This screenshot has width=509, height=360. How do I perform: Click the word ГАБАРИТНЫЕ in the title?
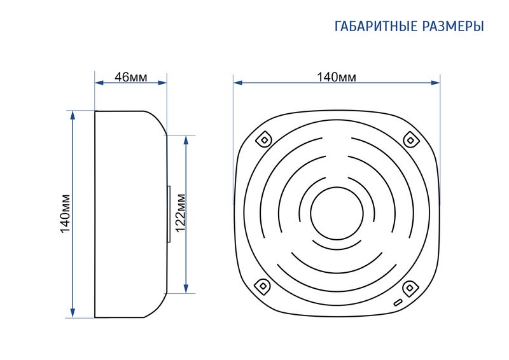(x=375, y=27)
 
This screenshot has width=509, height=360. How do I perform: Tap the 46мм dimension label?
(x=131, y=77)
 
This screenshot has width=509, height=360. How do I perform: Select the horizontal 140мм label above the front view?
(x=337, y=77)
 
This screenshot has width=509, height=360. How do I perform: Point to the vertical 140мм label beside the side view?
(x=65, y=214)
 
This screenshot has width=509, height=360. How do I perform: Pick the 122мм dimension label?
(x=179, y=214)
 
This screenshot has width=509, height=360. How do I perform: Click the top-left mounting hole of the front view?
(x=263, y=138)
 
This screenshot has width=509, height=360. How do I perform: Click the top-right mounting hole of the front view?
(x=411, y=139)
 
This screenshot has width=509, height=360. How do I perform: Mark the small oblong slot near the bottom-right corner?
(x=398, y=303)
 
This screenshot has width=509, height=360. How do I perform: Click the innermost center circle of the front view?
(x=337, y=212)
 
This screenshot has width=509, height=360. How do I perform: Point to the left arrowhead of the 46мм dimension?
(x=98, y=82)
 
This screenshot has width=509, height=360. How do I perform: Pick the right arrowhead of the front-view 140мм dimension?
(x=436, y=82)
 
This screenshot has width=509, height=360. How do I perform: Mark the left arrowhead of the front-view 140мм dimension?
(x=237, y=82)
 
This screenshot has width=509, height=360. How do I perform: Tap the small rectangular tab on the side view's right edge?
(x=169, y=214)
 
